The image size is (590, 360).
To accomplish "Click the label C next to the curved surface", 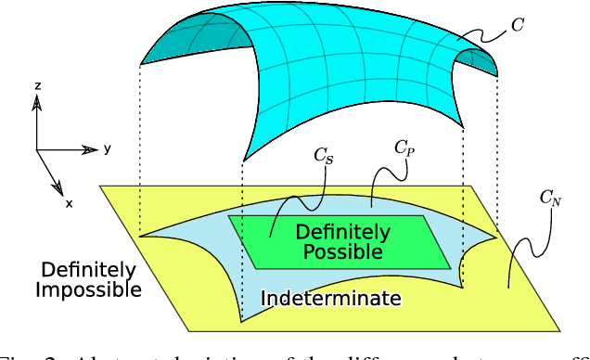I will pos(518,25).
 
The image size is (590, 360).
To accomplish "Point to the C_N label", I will pos(552,198).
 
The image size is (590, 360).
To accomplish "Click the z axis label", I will pos(37,85).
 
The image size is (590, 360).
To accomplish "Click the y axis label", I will pos(108,148).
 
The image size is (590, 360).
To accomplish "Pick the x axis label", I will pos(69,202).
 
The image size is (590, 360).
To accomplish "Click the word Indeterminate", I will pos(330,299).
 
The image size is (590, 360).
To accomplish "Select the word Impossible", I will pos(88,289).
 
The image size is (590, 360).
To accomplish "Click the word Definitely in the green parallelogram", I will pos(343,232).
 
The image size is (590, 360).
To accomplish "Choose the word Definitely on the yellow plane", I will pos(88,271).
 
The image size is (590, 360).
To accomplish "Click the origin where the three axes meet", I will pos(37,149).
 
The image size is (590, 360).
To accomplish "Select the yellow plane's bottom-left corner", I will pos(190,331).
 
